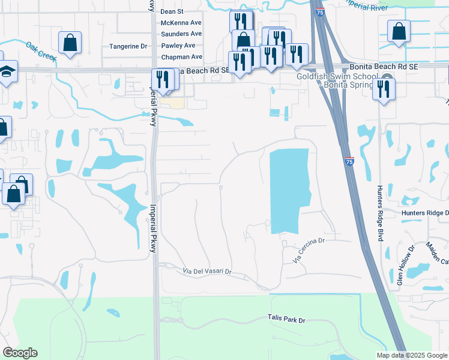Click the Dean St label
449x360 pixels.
point(172,11)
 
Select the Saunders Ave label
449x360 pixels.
point(181,34)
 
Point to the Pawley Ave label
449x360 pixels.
point(178,46)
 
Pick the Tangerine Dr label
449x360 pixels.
point(128,46)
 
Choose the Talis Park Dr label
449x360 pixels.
point(286,320)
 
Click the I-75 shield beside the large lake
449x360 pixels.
point(349,161)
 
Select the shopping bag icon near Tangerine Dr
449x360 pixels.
point(70,42)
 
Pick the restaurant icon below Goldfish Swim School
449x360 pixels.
point(383,89)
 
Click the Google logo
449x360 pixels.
point(20,353)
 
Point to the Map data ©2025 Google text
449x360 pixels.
point(411,355)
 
